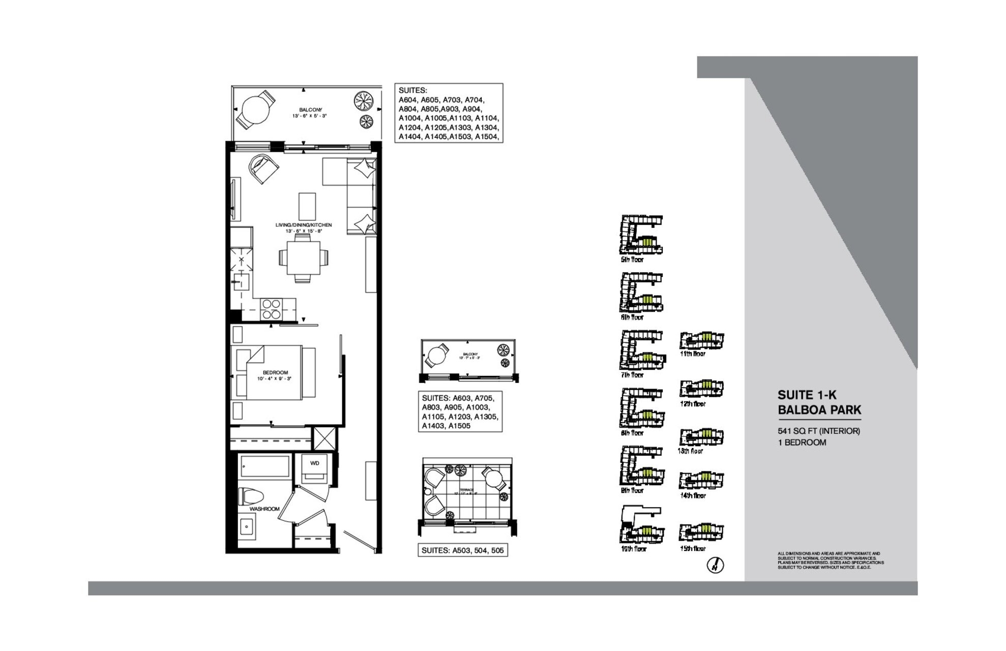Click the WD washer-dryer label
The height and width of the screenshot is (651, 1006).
[x=315, y=463]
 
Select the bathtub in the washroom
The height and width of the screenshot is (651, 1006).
[x=265, y=466]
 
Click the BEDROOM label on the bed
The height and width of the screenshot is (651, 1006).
[x=275, y=373]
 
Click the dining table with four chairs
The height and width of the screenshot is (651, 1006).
[x=303, y=258]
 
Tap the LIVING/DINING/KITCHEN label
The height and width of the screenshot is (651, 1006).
[x=304, y=225]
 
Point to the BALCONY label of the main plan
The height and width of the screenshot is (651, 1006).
[x=310, y=110]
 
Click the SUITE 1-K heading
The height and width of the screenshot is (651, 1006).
[x=807, y=395]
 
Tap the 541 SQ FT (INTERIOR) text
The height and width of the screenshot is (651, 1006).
[x=818, y=431]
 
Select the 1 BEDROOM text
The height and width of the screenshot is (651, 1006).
[x=802, y=442]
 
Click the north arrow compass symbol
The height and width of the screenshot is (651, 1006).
[x=716, y=565]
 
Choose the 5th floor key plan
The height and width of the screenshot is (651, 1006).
[x=641, y=235]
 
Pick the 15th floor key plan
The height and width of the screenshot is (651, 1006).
[x=701, y=532]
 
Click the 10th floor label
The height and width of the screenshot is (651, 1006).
[x=633, y=549]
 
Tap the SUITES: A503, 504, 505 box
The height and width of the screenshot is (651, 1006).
[x=463, y=550]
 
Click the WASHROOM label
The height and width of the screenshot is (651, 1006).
[x=264, y=509]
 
